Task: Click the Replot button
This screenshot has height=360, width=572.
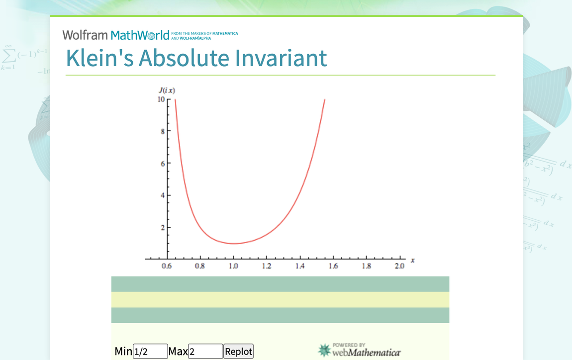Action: click(238, 352)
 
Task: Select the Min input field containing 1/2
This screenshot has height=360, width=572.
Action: click(150, 352)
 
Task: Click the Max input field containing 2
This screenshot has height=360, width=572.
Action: click(205, 352)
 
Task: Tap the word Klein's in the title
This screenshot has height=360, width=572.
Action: click(99, 58)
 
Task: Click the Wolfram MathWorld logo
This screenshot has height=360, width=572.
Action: click(116, 35)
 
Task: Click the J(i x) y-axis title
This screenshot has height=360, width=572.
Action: click(167, 90)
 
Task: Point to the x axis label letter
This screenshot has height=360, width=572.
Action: click(413, 260)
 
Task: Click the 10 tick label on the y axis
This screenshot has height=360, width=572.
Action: click(161, 99)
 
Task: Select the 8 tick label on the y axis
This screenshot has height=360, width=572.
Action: click(162, 131)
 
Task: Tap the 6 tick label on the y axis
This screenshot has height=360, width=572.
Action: click(162, 164)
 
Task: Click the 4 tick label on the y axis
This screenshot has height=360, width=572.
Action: click(162, 195)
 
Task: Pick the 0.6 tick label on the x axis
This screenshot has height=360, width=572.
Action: click(167, 267)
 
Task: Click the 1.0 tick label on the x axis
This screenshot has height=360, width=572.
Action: click(233, 267)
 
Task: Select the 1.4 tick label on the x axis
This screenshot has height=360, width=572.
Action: click(300, 267)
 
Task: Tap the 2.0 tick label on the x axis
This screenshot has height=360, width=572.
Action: click(399, 267)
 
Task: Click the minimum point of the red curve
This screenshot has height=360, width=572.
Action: click(233, 243)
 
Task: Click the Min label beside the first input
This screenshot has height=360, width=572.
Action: click(123, 352)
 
